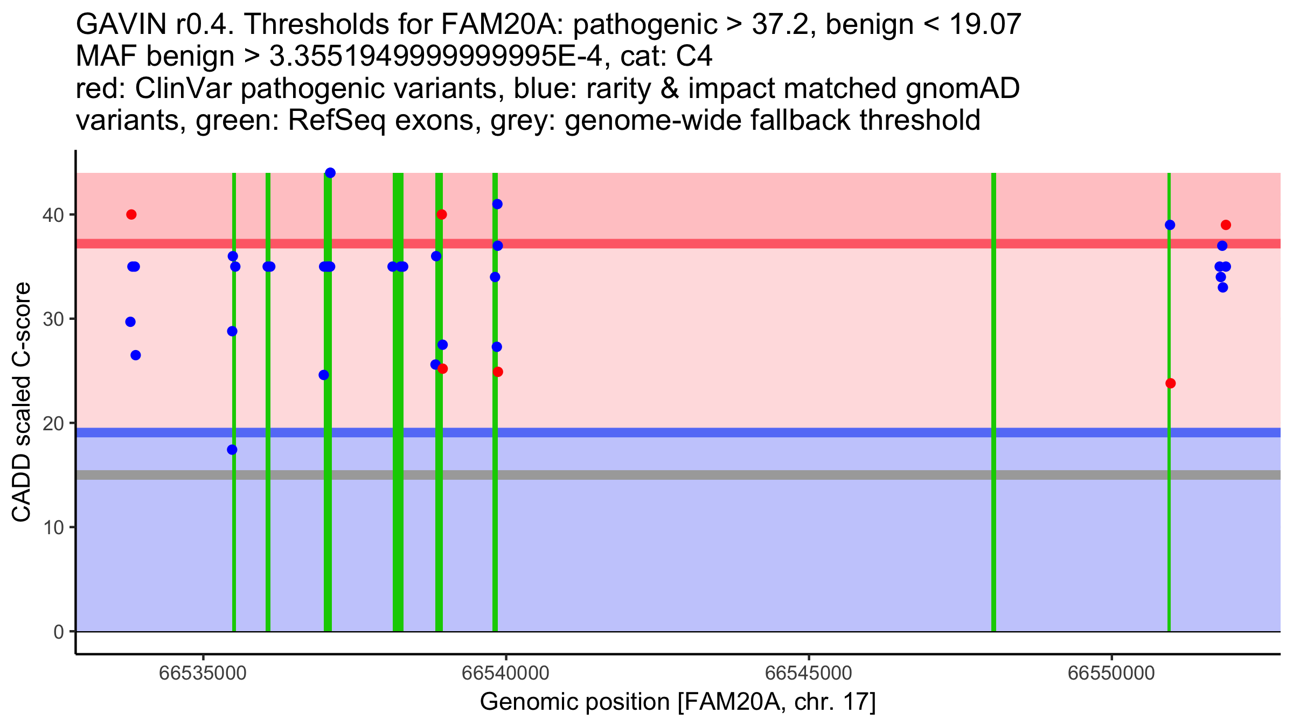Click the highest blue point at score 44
(330, 173)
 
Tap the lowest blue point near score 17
(232, 450)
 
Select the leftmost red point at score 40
(131, 214)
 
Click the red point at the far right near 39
(1226, 225)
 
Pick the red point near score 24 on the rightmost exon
(1170, 383)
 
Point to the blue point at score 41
(497, 204)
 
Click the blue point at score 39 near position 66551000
(1170, 225)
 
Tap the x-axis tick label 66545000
(809, 673)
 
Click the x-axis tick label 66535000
(203, 673)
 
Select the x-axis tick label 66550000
(1111, 673)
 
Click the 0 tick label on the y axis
(59, 632)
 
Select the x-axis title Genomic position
(678, 702)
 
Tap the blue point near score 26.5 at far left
(136, 355)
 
